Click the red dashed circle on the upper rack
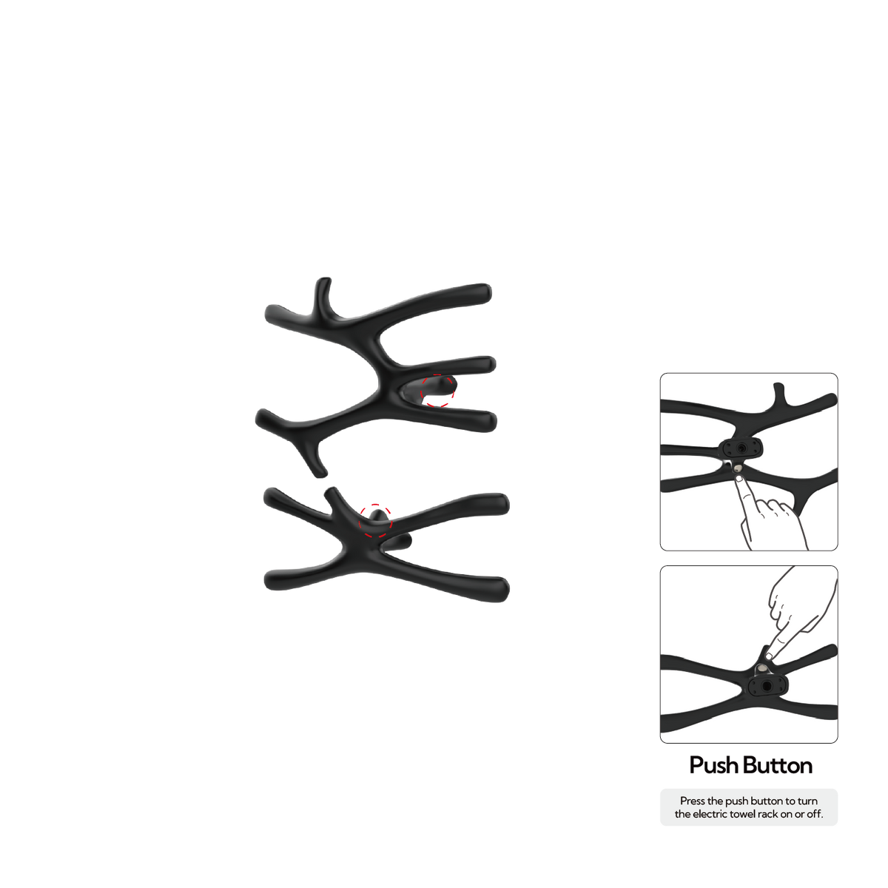coord(421,391)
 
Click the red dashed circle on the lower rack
coord(360,521)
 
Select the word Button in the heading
coord(778,765)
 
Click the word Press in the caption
coord(692,801)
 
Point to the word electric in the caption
coord(709,814)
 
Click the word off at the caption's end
coord(815,814)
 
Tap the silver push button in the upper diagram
coord(738,468)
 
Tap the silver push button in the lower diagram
coord(763,668)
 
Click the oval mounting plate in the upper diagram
coord(741,448)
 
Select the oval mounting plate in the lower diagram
coord(767,687)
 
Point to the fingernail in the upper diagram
coord(739,479)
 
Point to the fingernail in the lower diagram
coord(769,656)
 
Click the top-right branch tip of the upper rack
coord(485,292)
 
